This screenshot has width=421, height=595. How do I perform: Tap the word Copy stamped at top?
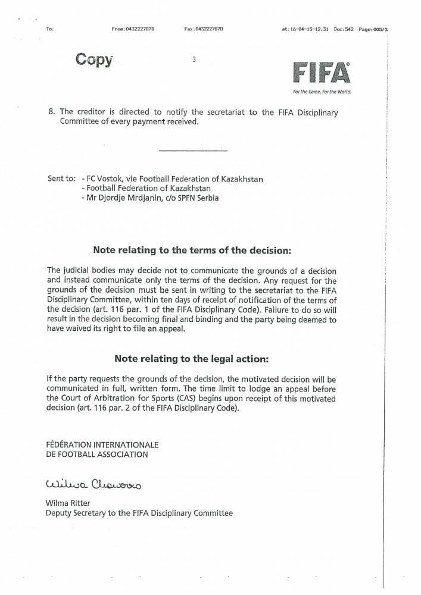93,59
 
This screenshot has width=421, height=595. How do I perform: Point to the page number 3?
195,59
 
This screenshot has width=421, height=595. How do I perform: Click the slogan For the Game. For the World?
322,92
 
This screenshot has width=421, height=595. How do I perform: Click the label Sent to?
61,178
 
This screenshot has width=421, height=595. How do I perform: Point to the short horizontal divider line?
194,150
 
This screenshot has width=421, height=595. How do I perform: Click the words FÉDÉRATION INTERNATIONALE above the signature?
102,444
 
